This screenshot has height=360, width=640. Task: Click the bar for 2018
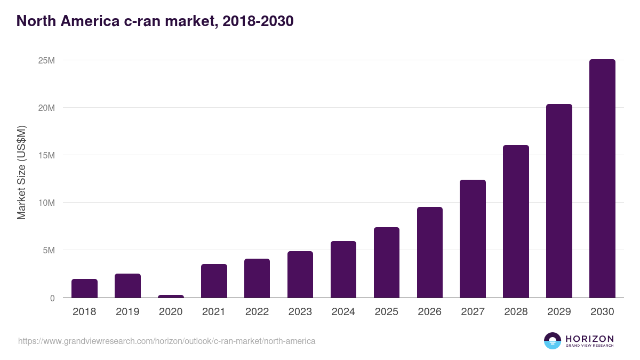(x=84, y=289)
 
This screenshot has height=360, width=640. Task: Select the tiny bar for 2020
(x=171, y=296)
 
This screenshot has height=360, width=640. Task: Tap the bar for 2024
(x=343, y=269)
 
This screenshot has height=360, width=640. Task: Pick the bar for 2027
(x=473, y=239)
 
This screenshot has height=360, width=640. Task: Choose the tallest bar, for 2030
(x=602, y=179)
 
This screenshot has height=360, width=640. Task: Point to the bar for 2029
(x=559, y=201)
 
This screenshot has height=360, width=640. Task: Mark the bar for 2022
(x=257, y=278)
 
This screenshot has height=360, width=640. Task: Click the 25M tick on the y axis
(x=46, y=60)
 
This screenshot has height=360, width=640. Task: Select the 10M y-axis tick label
(x=46, y=203)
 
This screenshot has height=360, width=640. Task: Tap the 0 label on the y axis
(x=52, y=298)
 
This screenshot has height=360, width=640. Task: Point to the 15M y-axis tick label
(x=46, y=155)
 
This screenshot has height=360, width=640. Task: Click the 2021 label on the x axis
(x=214, y=312)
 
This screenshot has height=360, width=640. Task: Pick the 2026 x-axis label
(x=429, y=312)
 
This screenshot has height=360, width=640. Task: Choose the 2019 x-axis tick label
(x=127, y=312)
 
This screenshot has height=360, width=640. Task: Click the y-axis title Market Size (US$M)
(x=21, y=172)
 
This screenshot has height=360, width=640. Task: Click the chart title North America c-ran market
(x=155, y=21)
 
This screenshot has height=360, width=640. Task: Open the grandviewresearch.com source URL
(x=166, y=341)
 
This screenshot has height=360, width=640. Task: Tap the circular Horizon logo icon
(x=553, y=341)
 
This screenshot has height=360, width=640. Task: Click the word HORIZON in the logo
(x=589, y=338)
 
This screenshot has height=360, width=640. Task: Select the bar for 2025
(x=387, y=262)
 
